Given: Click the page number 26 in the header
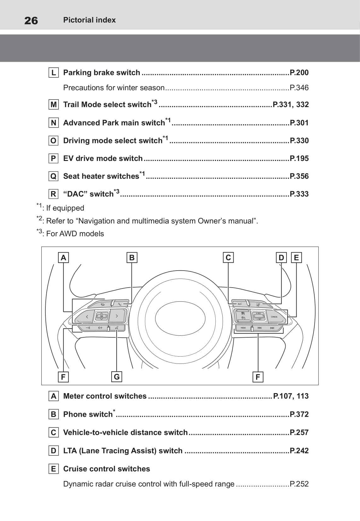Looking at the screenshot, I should (x=31, y=20).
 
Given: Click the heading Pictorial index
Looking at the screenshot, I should (x=89, y=20).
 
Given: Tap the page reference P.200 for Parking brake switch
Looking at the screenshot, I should (x=299, y=72).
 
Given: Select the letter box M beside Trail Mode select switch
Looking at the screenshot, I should (x=54, y=105).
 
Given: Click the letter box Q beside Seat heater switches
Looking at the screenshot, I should (x=54, y=176).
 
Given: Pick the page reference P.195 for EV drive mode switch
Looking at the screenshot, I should (x=299, y=158).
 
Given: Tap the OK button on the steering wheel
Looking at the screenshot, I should (x=102, y=316).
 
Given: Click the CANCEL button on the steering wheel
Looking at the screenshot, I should (x=274, y=317).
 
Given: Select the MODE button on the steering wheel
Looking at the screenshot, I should (x=243, y=328).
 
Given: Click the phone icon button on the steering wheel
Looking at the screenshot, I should (x=120, y=304).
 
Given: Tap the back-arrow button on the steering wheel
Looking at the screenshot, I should (x=102, y=304).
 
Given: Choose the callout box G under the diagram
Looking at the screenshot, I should (x=117, y=377).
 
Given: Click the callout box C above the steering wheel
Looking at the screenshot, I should (x=228, y=258).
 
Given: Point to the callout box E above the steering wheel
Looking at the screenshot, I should (x=296, y=258).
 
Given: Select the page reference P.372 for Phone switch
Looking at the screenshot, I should (x=299, y=414).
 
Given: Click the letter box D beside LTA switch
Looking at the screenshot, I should (x=54, y=451).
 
